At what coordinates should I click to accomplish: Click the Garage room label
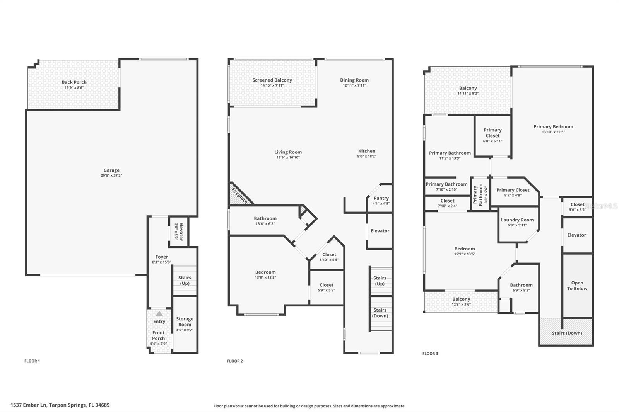click(x=111, y=170)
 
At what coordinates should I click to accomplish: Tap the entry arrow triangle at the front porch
click(x=159, y=313)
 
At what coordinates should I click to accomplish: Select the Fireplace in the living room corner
click(x=239, y=195)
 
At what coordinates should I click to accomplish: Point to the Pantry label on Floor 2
click(x=381, y=198)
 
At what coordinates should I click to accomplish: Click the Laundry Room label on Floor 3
click(x=517, y=220)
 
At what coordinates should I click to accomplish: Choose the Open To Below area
click(x=577, y=286)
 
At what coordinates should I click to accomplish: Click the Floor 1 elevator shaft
click(x=179, y=231)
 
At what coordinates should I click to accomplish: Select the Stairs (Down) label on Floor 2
click(x=380, y=313)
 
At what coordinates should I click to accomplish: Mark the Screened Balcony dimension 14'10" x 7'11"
click(x=272, y=85)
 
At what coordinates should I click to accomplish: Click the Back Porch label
click(x=74, y=82)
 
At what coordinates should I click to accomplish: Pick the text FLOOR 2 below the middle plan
click(x=235, y=361)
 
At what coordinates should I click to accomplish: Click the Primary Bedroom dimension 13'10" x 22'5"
click(x=553, y=132)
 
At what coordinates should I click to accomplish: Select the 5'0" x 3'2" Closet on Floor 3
click(x=577, y=207)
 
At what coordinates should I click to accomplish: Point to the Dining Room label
click(x=354, y=80)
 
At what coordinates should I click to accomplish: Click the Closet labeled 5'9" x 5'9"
click(x=327, y=288)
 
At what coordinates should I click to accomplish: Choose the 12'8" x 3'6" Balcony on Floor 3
click(x=461, y=301)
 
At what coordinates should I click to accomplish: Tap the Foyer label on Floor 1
click(x=162, y=257)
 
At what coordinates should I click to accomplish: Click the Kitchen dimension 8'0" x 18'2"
click(x=367, y=156)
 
